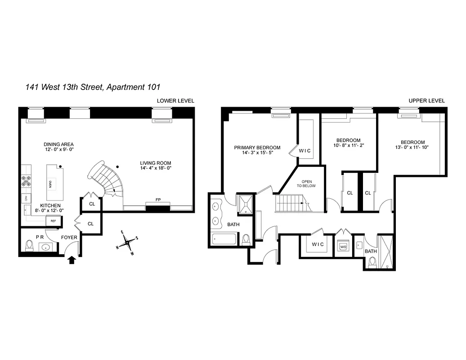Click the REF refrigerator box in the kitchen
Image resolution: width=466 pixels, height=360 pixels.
click(x=53, y=221)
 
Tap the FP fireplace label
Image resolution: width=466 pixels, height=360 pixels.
click(x=158, y=199)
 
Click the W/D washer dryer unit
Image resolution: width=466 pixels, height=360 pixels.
click(x=343, y=247)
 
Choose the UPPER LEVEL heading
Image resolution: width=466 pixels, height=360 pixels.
click(x=426, y=101)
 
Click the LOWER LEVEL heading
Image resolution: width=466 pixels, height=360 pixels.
click(x=175, y=101)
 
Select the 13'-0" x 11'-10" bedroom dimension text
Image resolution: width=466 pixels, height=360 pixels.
click(x=412, y=148)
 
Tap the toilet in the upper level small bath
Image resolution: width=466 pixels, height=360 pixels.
click(x=372, y=262)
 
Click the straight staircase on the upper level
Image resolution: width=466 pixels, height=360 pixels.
click(x=292, y=203)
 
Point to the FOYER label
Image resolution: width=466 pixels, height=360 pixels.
click(x=69, y=237)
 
